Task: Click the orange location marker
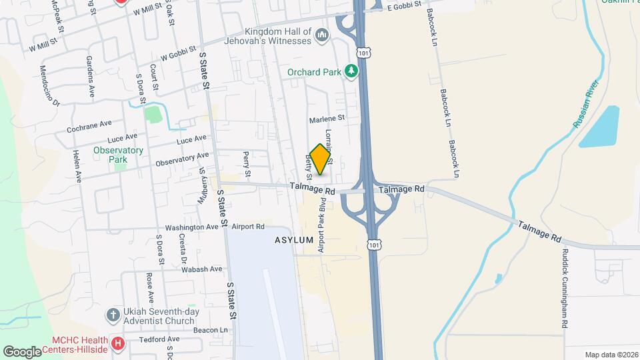[320, 159]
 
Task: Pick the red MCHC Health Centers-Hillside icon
[118, 344]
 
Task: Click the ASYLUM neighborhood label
[293, 240]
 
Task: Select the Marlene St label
[327, 119]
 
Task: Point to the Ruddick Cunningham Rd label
[564, 288]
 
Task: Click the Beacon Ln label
[211, 330]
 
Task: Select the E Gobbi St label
[405, 6]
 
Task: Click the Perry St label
[247, 164]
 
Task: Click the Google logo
[23, 351]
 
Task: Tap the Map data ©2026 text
[611, 355]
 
